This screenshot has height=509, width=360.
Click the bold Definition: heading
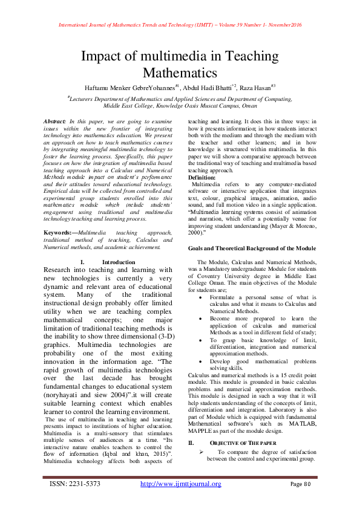pyautogui.click(x=205, y=178)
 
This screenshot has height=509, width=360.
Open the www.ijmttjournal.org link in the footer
pyautogui.click(x=180, y=484)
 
